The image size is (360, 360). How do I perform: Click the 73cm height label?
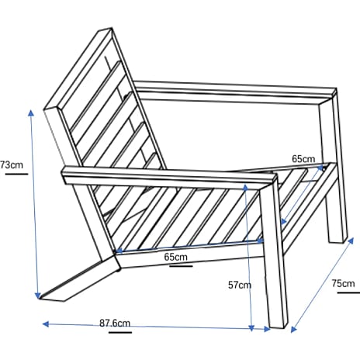coord(12,164)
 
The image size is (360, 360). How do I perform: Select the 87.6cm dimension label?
coord(115,323)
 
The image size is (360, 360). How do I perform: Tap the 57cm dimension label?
coord(240,285)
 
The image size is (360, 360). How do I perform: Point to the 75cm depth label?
coord(343,283)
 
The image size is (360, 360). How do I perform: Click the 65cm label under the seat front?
coord(175,257)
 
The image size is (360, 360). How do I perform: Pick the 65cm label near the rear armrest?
coord(303,158)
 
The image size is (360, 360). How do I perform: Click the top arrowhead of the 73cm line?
coord(31,112)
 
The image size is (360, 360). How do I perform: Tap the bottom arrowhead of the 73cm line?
coord(38,295)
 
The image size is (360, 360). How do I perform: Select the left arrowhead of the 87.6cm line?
coord(46,324)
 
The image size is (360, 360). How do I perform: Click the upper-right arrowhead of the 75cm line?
coord(351,241)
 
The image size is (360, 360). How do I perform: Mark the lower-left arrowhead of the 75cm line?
coord(294,329)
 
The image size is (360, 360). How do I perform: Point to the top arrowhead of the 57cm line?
coord(245,187)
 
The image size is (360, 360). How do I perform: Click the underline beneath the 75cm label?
coord(348,292)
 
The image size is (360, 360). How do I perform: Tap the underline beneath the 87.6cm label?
coord(120,332)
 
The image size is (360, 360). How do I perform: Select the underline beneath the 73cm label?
coord(16,174)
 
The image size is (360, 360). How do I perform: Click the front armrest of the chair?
coord(169,177)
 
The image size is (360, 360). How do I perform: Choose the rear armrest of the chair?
coord(235,92)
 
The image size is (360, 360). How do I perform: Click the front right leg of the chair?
coord(274,256)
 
